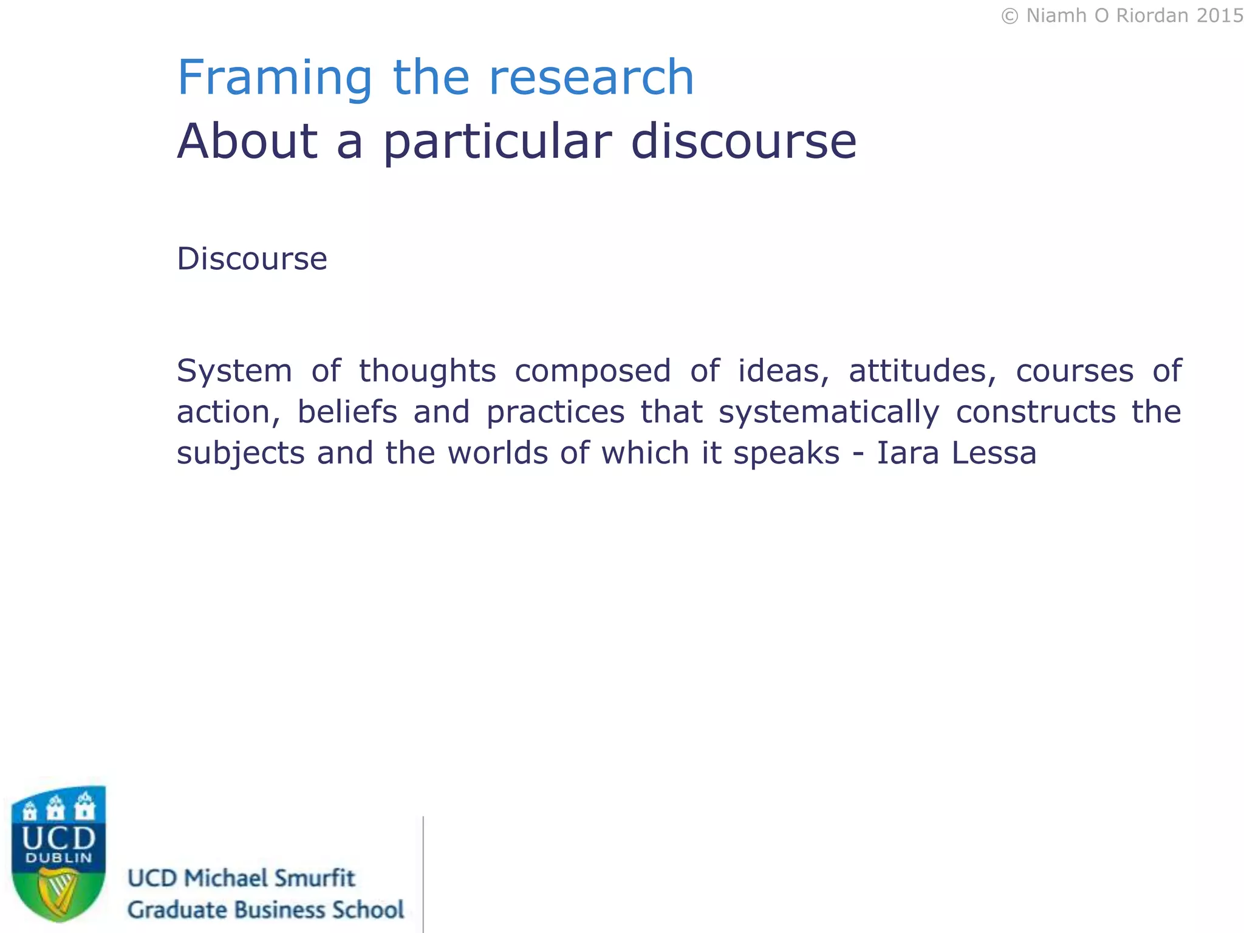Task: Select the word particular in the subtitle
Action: (x=497, y=142)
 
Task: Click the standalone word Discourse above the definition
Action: (x=252, y=259)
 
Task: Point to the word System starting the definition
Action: (x=234, y=371)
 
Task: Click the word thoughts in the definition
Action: (x=427, y=371)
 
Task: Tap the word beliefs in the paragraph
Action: (x=347, y=412)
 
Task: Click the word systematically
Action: (x=829, y=412)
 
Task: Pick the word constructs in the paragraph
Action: (x=1036, y=412)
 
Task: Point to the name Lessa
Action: (x=994, y=453)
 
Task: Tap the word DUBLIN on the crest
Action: (x=58, y=858)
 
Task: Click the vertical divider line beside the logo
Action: (x=423, y=875)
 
